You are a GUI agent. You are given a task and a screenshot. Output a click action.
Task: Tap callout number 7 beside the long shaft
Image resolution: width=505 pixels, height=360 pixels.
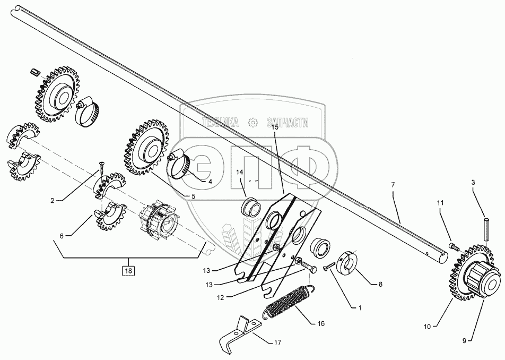pos(393,185)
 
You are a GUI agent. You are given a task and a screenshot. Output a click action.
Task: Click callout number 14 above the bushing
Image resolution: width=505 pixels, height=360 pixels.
pos(239,173)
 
